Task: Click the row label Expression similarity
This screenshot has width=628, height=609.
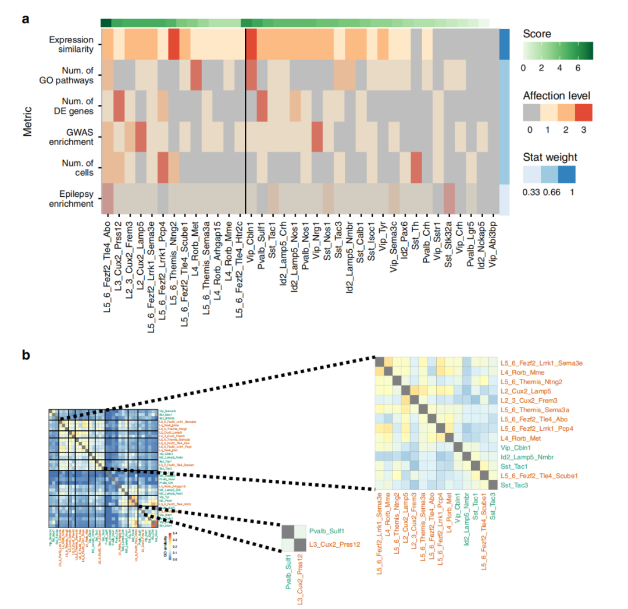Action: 72,44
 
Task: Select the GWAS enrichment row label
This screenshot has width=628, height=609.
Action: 72,137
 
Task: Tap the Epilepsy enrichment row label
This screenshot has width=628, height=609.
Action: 72,199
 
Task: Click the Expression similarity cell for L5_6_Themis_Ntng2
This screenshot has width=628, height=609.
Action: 173,44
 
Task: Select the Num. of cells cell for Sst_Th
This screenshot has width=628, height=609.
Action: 416,168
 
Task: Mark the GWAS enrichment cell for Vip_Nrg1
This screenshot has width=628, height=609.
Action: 316,137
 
